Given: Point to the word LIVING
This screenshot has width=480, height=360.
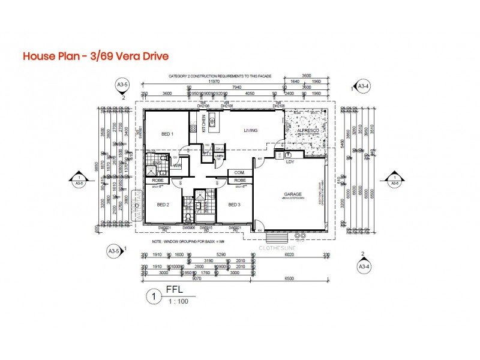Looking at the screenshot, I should click(251, 130).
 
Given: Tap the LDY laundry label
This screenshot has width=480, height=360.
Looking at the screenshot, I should click(290, 161).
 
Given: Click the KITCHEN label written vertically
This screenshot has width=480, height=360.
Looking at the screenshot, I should click(203, 123).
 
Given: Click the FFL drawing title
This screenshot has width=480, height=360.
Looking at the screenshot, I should click(174, 293).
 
